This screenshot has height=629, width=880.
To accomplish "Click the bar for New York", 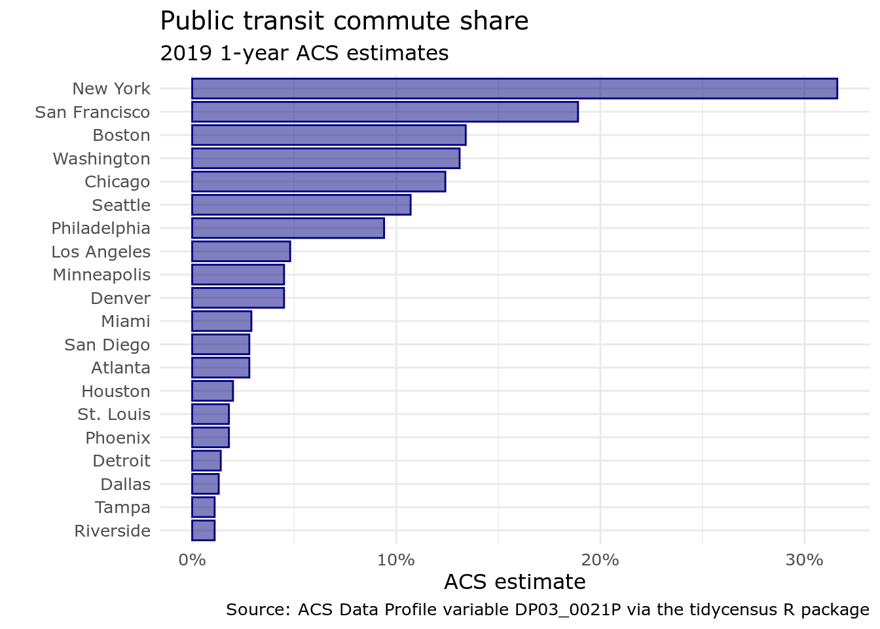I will (514, 88).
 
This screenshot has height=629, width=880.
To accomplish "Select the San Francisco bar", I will (384, 112).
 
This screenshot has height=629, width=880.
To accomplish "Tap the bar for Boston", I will (328, 135).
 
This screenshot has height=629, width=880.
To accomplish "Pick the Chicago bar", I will (318, 181).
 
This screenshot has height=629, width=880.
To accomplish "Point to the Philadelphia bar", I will (287, 228).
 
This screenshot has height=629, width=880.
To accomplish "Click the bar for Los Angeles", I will (240, 252).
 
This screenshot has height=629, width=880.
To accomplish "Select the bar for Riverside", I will (203, 531).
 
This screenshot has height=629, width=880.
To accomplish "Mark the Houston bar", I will (212, 391).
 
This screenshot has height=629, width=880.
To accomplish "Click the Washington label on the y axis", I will (101, 159).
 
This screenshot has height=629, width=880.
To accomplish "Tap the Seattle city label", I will (121, 205).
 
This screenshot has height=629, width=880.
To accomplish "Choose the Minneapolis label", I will (101, 275).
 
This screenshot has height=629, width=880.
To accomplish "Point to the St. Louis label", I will (114, 414).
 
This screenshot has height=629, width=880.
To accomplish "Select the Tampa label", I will (122, 507).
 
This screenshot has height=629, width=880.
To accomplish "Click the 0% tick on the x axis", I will (192, 560).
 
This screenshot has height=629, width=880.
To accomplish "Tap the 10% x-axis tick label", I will (396, 560).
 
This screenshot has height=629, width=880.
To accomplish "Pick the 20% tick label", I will (600, 560).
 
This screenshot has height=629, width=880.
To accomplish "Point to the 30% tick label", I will (804, 560).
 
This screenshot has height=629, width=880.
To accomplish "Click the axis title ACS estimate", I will (515, 582).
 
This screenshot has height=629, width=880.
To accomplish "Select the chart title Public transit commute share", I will (344, 21).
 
